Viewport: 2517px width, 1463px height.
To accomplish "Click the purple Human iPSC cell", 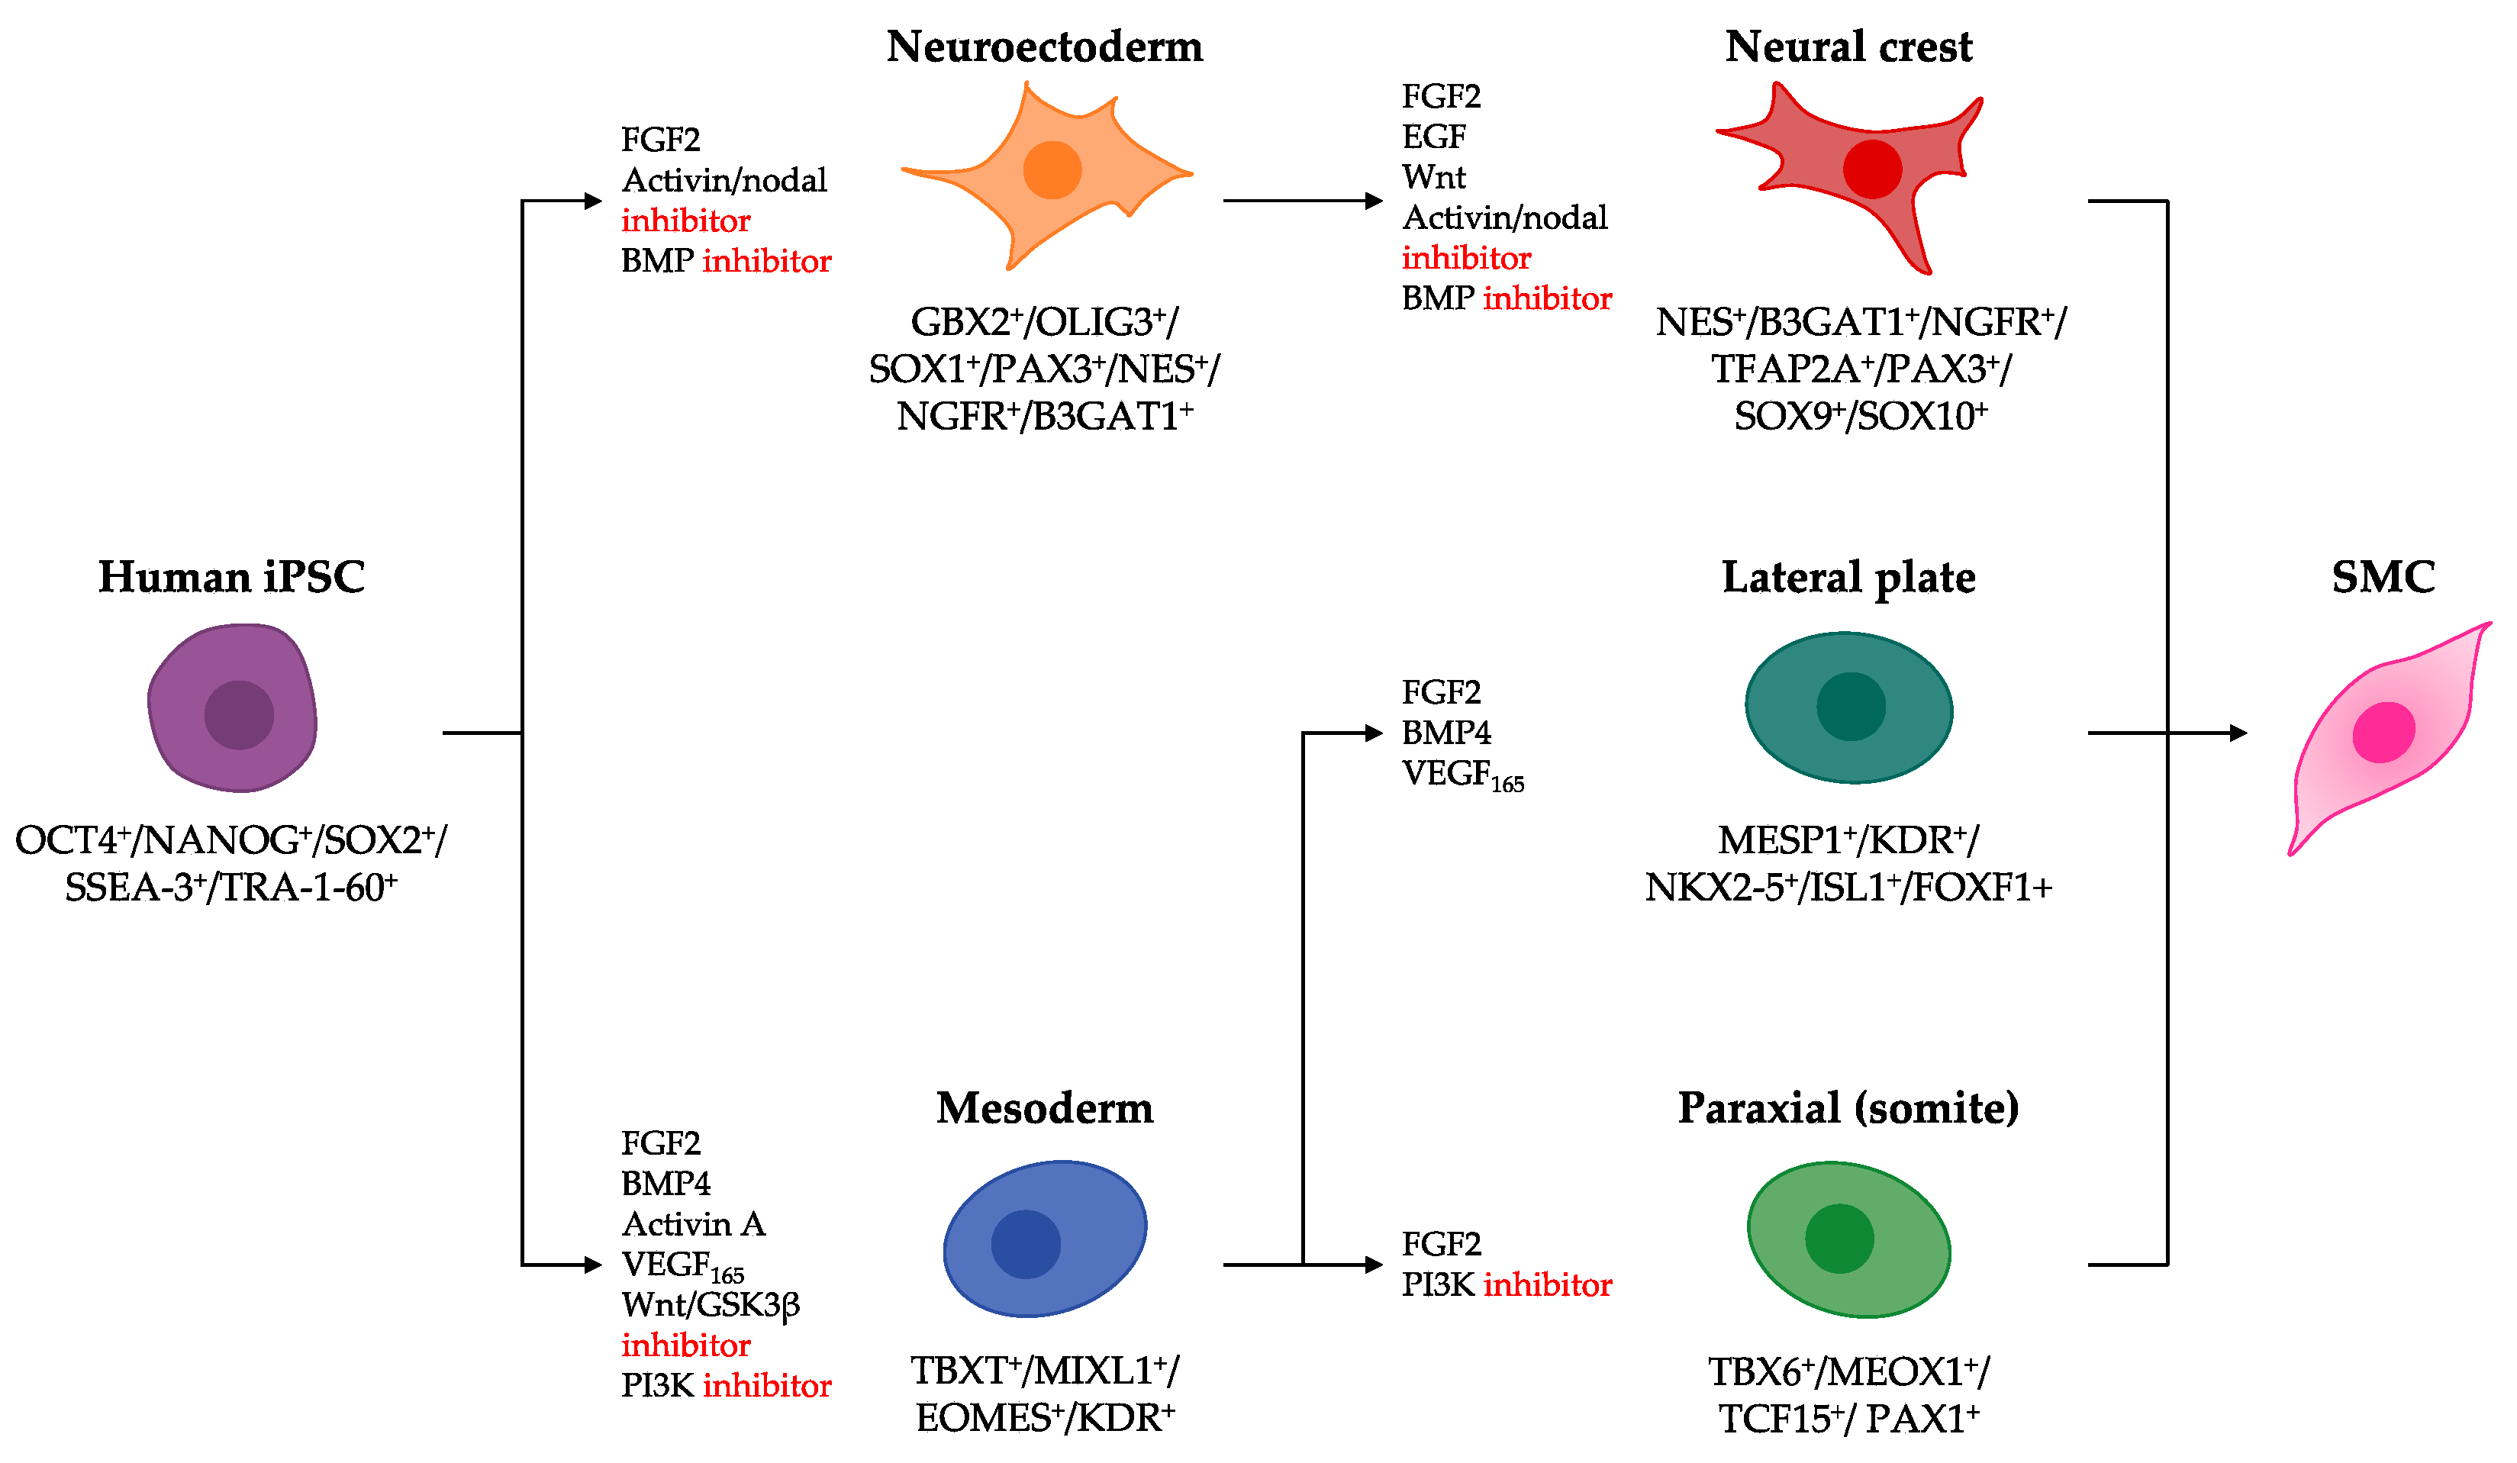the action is coord(232,708).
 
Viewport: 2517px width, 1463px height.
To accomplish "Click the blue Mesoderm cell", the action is coord(1045,1239).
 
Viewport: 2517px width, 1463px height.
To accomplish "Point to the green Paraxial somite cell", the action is coord(1848,1239).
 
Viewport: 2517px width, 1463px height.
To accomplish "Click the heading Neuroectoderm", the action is coord(1045,47).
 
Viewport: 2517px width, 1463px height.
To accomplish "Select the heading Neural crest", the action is coord(1848,47).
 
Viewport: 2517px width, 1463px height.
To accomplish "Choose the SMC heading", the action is coord(2383,577).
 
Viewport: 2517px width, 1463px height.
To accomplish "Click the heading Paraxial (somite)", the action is coord(1848,1107).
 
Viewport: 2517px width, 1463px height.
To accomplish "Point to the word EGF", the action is coord(1434,137).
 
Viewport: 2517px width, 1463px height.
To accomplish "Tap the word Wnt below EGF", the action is coord(1434,178).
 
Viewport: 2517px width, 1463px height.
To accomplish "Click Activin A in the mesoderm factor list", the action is coord(693,1223).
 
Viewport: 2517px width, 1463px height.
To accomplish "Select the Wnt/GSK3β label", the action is coord(711,1305).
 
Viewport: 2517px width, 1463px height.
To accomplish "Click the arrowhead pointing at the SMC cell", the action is coord(2238,733).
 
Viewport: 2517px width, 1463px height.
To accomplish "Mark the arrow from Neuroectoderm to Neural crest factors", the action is coord(1304,201).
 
